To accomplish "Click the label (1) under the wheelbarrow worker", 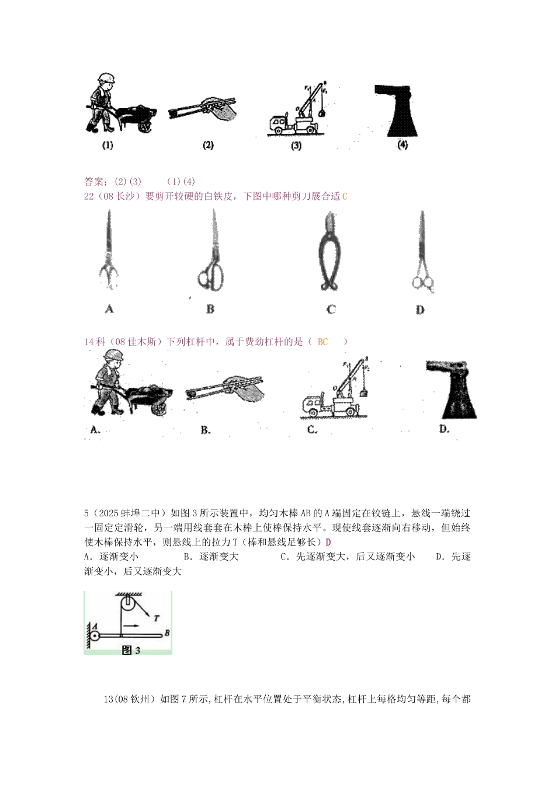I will pyautogui.click(x=107, y=146).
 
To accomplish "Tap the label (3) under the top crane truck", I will pyautogui.click(x=296, y=147).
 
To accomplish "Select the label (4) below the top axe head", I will pyautogui.click(x=403, y=145).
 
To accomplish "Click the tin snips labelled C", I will pyautogui.click(x=331, y=252).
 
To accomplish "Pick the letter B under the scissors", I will pyautogui.click(x=210, y=309).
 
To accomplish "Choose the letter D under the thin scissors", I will pyautogui.click(x=420, y=310).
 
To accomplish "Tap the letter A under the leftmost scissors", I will pyautogui.click(x=109, y=309).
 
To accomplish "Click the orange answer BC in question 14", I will pyautogui.click(x=323, y=342).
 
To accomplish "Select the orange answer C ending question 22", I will pyautogui.click(x=344, y=197).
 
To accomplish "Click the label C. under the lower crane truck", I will pyautogui.click(x=313, y=430).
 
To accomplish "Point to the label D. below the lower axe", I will pyautogui.click(x=445, y=429).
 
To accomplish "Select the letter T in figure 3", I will pyautogui.click(x=156, y=617).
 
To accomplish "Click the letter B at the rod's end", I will pyautogui.click(x=167, y=632).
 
